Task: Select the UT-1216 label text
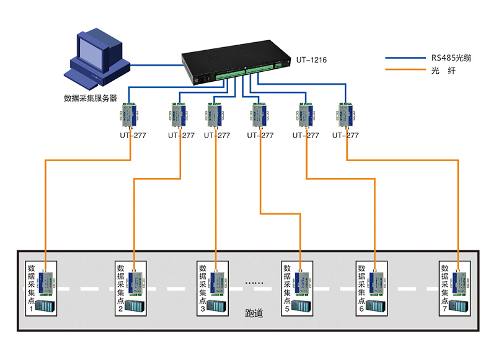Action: click(x=311, y=60)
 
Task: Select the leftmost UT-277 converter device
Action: click(x=130, y=114)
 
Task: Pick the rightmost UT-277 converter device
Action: click(x=346, y=114)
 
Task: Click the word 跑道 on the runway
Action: click(x=254, y=314)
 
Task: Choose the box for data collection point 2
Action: click(x=130, y=289)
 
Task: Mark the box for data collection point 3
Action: click(x=213, y=289)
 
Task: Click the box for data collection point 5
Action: click(x=298, y=289)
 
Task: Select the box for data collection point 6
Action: click(x=373, y=289)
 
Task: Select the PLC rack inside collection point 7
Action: click(x=459, y=307)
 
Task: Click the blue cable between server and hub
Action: click(x=155, y=63)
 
